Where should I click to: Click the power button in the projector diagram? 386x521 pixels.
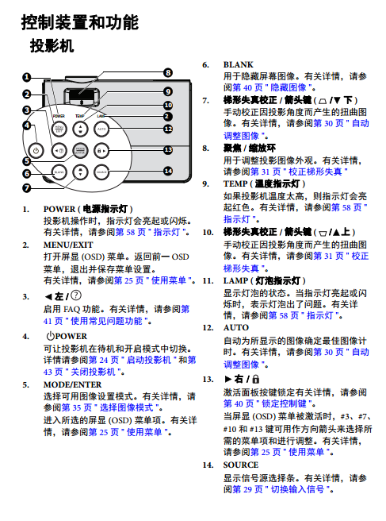(x=36, y=151)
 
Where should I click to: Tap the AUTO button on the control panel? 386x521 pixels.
(x=101, y=129)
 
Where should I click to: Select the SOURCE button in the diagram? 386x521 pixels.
(x=101, y=172)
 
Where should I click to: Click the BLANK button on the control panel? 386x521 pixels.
(x=59, y=172)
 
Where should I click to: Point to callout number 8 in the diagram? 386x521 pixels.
(x=168, y=72)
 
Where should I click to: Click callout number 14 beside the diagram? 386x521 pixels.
(x=168, y=171)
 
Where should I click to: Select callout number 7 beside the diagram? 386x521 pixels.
(x=26, y=188)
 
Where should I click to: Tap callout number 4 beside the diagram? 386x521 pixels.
(x=26, y=125)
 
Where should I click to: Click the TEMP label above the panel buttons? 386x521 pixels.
(x=79, y=116)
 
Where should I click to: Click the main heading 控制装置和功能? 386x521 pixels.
(x=80, y=22)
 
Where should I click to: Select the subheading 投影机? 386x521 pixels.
(x=52, y=45)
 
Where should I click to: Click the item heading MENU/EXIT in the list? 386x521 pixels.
(x=68, y=245)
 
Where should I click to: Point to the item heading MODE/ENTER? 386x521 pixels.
(x=73, y=384)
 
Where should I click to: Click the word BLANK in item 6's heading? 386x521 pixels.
(x=238, y=64)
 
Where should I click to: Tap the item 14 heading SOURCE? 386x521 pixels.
(x=241, y=465)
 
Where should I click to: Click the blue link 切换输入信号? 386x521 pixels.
(x=297, y=489)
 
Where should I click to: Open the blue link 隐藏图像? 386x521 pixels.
(x=289, y=87)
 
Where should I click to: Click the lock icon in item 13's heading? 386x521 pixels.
(x=256, y=379)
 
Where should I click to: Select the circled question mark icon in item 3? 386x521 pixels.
(x=76, y=295)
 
